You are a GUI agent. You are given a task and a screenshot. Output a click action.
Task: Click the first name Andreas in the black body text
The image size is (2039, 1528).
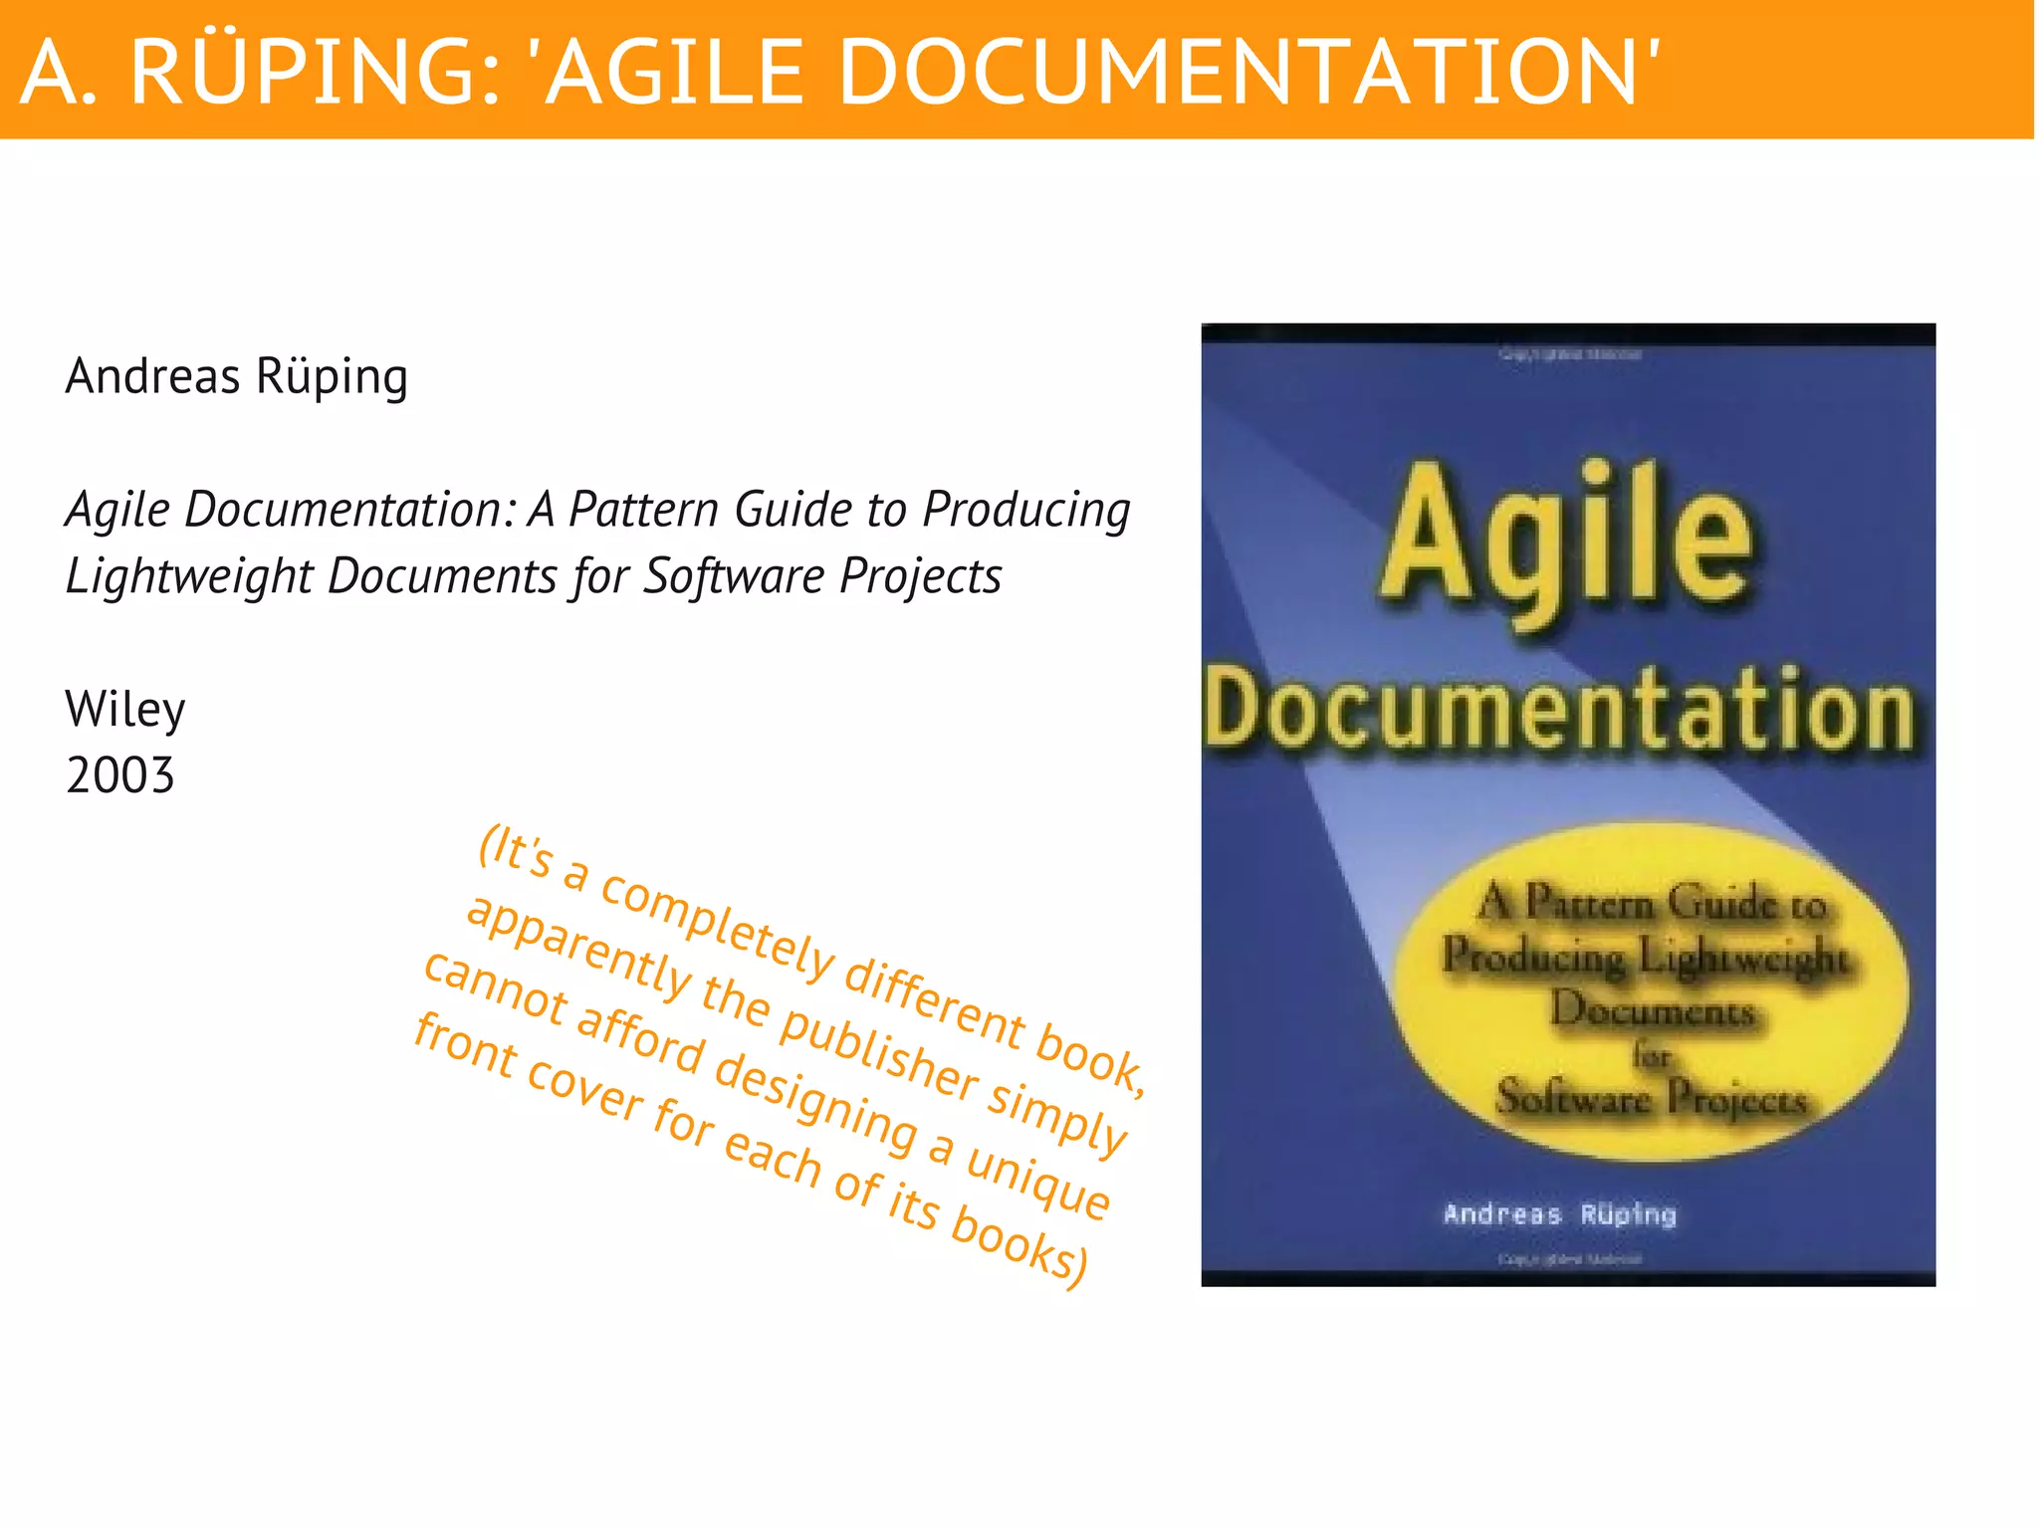[x=153, y=376]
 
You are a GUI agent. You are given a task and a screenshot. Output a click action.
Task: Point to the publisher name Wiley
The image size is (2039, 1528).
[x=125, y=710]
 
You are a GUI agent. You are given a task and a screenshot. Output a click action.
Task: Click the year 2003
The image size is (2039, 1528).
[x=120, y=775]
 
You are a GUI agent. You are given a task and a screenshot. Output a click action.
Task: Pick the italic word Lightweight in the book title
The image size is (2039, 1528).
[x=188, y=576]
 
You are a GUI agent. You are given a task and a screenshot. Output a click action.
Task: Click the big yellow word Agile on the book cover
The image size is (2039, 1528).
[x=1567, y=538]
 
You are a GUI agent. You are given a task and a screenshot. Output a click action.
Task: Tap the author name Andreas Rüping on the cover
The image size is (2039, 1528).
[x=1559, y=1214]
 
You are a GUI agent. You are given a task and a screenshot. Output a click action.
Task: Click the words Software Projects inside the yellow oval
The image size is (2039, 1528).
[x=1651, y=1099]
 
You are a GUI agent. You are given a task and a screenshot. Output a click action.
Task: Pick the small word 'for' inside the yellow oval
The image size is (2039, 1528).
[x=1650, y=1055]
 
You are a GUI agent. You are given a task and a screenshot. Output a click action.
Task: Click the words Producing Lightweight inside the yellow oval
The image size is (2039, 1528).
[x=1645, y=958]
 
